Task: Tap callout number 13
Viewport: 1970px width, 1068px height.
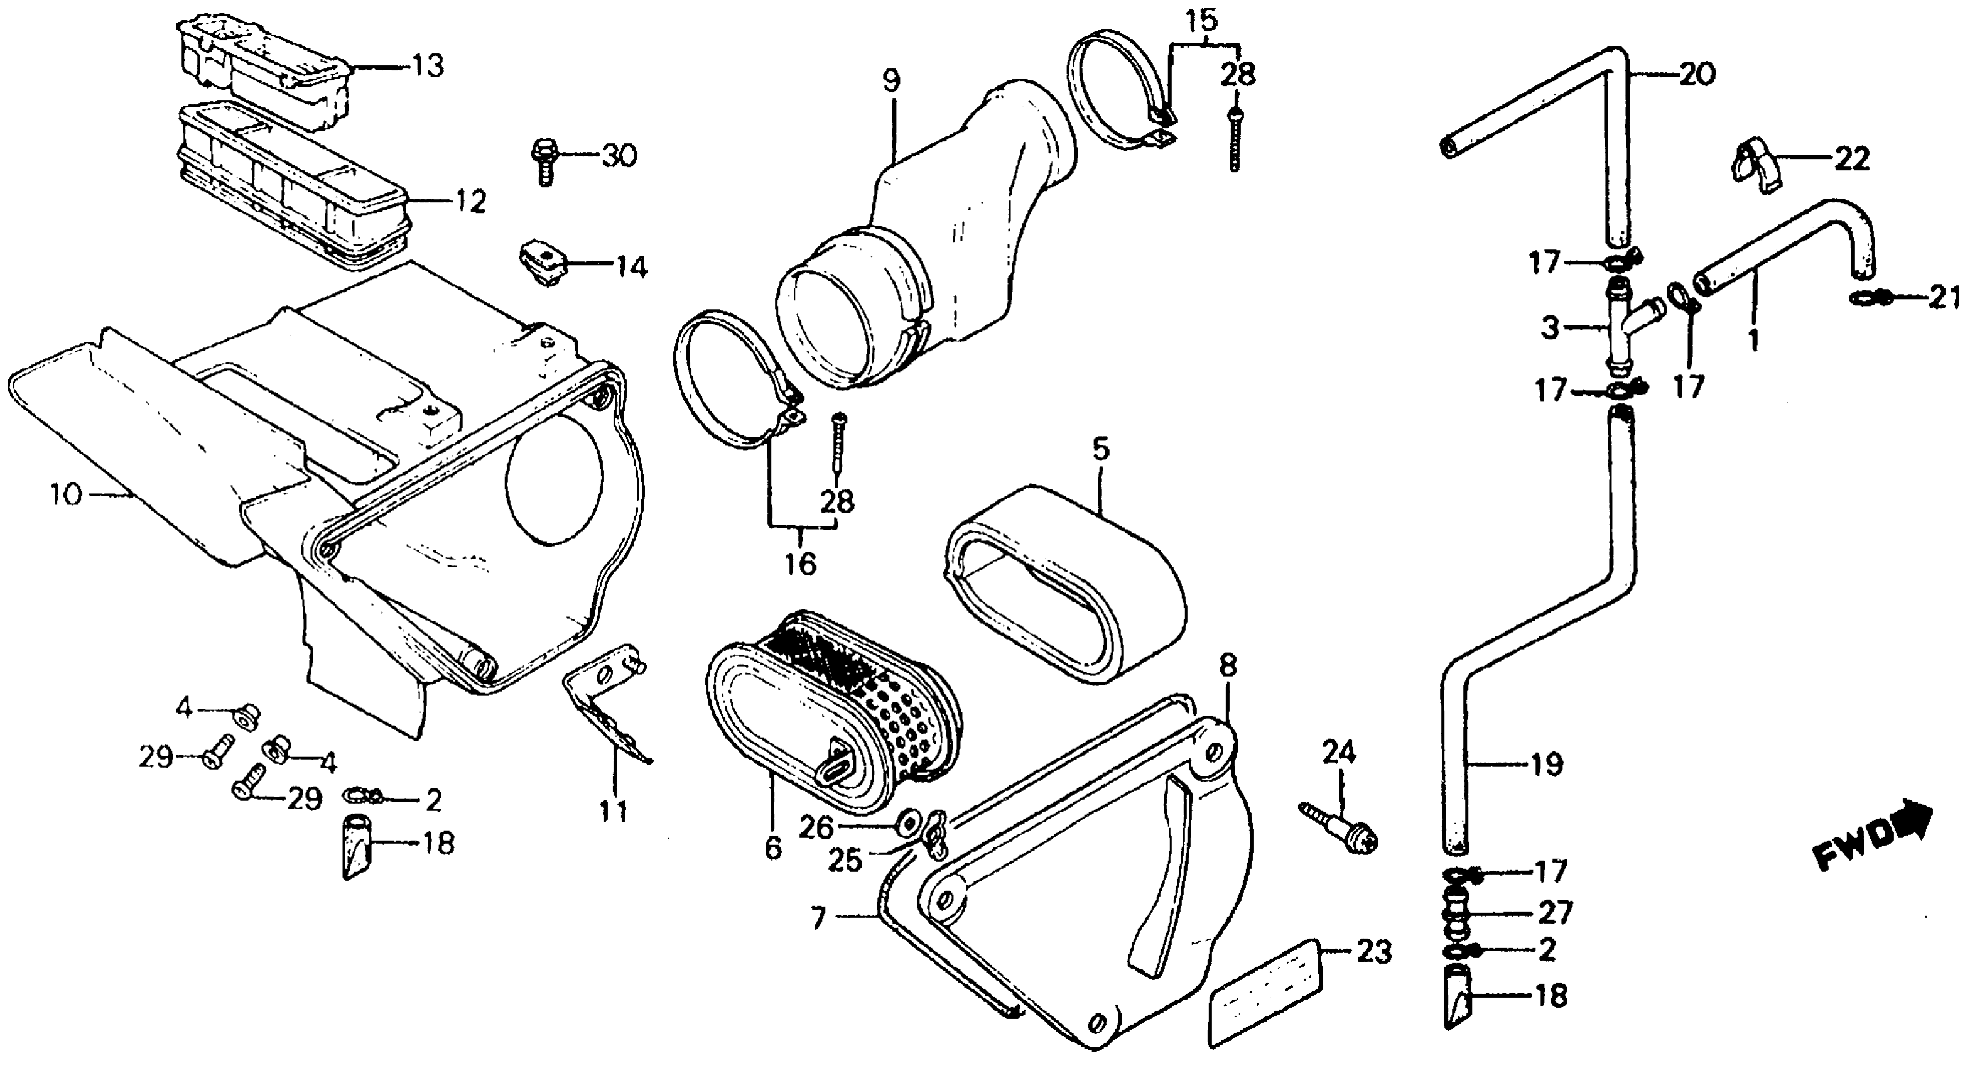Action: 428,67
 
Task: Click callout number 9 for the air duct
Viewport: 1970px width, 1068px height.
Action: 892,82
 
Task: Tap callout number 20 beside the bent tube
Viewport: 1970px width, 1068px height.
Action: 1696,75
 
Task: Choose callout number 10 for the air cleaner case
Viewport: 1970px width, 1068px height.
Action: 66,496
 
